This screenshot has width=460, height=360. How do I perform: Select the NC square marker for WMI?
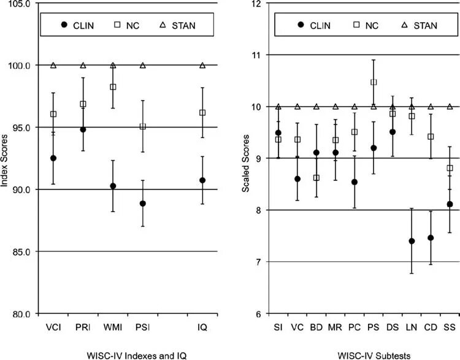click(x=113, y=87)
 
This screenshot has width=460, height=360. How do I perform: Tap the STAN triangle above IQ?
click(x=202, y=65)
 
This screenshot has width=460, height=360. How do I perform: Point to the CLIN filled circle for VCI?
click(x=53, y=158)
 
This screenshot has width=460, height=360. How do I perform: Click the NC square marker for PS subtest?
click(x=374, y=82)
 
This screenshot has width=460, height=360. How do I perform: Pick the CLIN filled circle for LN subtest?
click(x=412, y=241)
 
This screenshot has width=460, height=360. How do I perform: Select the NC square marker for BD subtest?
click(x=316, y=178)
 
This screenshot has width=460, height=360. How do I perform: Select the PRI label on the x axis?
click(x=83, y=327)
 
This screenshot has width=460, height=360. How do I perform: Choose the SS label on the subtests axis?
click(x=450, y=327)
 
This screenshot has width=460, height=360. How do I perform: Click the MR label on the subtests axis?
click(x=335, y=327)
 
